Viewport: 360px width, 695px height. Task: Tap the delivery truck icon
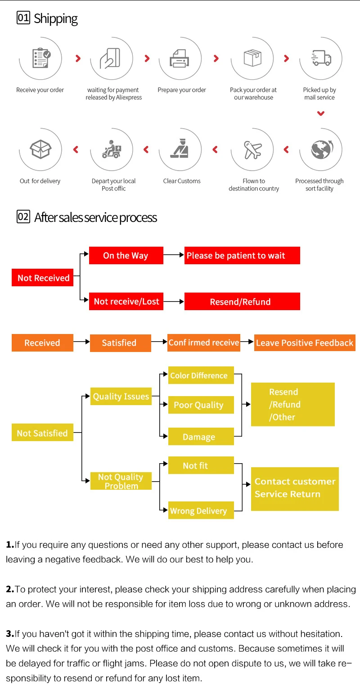tap(321, 58)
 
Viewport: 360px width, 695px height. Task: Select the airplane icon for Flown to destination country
tap(252, 150)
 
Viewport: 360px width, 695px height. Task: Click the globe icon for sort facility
tap(322, 149)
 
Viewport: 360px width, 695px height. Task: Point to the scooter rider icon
tap(112, 149)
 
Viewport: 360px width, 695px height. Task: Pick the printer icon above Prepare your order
tap(180, 59)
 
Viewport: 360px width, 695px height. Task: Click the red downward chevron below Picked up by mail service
tap(320, 113)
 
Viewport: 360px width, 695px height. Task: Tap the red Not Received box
tap(42, 277)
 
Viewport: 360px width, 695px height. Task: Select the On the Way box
tap(126, 255)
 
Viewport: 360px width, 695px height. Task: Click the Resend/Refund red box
tap(242, 301)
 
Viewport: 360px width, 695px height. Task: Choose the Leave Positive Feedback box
tap(305, 343)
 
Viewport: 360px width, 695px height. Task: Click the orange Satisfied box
tap(120, 343)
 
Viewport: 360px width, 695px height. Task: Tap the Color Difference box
tap(201, 375)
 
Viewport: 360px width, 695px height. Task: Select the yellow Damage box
tap(201, 436)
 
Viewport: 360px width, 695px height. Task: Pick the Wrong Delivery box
tap(201, 510)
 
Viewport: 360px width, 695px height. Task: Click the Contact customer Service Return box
tap(295, 489)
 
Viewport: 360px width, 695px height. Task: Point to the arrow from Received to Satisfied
tap(81, 342)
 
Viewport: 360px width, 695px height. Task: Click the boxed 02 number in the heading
tap(23, 217)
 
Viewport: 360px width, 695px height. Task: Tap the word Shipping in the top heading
tap(55, 19)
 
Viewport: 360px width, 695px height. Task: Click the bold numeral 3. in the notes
tap(10, 634)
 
